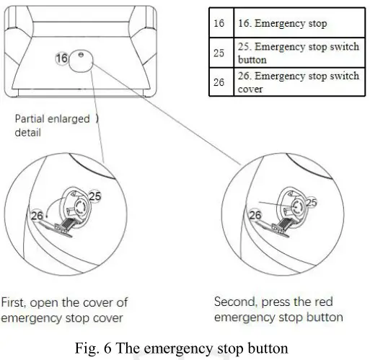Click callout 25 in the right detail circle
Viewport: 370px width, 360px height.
pos(310,204)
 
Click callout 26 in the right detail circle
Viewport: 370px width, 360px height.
pos(255,215)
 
